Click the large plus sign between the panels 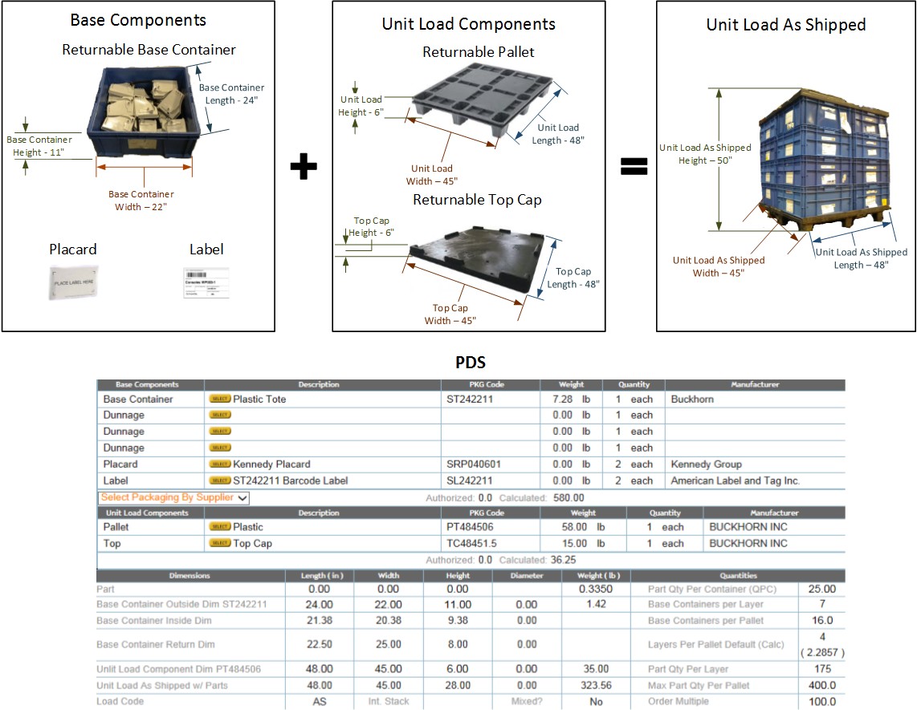(x=303, y=167)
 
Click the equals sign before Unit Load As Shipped (x=634, y=167)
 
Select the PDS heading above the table (x=470, y=363)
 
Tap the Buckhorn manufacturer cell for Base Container (x=691, y=399)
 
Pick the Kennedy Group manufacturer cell (x=706, y=464)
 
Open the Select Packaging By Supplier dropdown (x=174, y=497)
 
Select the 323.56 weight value (x=593, y=685)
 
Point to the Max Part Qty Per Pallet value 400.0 (x=821, y=685)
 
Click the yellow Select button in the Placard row (x=220, y=464)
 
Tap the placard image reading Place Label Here (x=73, y=282)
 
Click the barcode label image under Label (x=202, y=284)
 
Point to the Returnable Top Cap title (x=477, y=200)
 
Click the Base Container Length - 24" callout (x=231, y=93)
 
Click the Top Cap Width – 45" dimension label (x=450, y=314)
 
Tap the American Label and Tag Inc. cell (x=736, y=481)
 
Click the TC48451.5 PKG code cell (x=471, y=543)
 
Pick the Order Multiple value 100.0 (x=821, y=701)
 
